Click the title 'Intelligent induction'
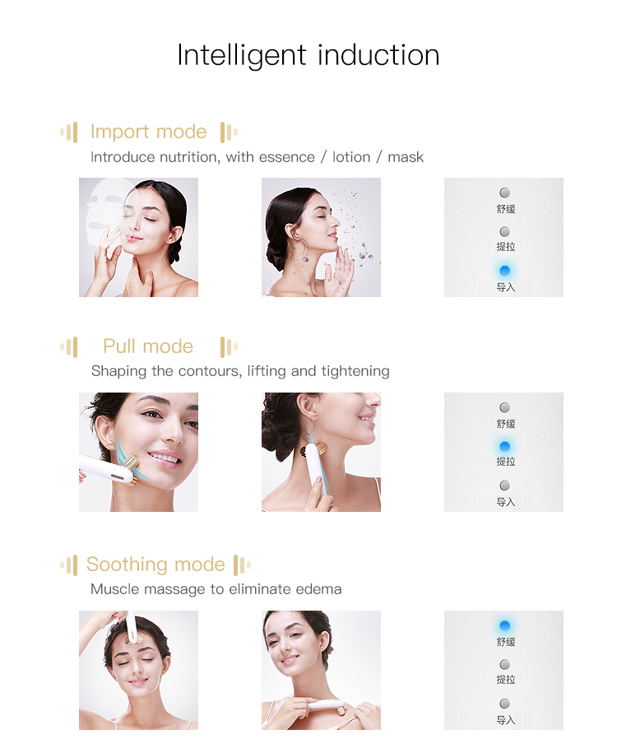[308, 55]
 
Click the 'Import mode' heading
[148, 132]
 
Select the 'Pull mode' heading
[148, 346]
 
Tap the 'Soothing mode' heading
[155, 565]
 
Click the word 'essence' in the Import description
[286, 157]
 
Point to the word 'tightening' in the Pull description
[355, 371]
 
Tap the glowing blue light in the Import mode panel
[504, 271]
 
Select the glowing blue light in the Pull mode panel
[504, 446]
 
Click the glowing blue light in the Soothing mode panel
[504, 625]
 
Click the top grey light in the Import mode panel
[504, 193]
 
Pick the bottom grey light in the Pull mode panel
[504, 486]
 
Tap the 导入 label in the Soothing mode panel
[505, 720]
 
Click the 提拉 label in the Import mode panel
[505, 247]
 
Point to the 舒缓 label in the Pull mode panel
[505, 424]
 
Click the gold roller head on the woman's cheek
[135, 473]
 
